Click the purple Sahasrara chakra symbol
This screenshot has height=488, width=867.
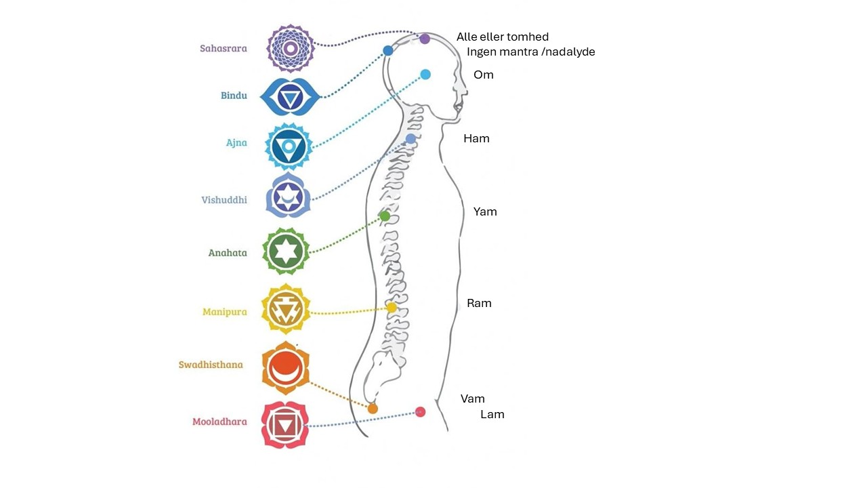point(291,48)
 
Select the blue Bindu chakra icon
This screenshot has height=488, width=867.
point(290,96)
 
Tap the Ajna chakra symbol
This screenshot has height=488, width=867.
point(289,146)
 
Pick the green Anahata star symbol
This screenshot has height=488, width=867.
point(286,251)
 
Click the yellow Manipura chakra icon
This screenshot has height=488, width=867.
point(286,308)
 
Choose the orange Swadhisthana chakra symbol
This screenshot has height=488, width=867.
point(286,367)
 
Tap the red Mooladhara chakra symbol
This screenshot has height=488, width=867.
point(284,424)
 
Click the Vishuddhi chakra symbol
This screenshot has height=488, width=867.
point(288,195)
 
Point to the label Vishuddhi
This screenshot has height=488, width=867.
point(224,200)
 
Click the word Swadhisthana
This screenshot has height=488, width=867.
point(211,365)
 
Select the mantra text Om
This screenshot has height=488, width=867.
point(484,75)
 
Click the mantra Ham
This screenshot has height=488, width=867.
point(476,138)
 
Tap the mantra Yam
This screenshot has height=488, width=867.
point(485,211)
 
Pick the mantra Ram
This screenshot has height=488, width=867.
point(479,303)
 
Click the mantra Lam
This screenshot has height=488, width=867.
point(492,414)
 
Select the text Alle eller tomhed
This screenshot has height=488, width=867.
point(502,37)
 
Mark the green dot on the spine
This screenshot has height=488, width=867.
point(385,216)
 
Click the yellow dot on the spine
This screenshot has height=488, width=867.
point(392,308)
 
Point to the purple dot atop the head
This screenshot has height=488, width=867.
point(425,39)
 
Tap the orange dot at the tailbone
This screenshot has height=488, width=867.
point(373,409)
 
